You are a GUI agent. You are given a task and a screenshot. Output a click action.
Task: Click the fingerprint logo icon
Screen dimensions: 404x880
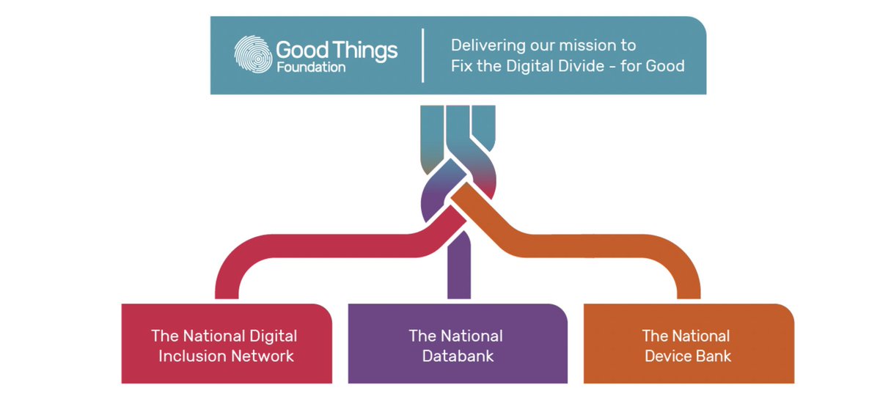[252, 55]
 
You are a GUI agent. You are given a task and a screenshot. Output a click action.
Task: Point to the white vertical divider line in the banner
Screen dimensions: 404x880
[424, 55]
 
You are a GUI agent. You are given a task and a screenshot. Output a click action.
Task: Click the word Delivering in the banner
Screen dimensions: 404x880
[487, 45]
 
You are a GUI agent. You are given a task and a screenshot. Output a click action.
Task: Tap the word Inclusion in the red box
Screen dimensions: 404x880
[186, 356]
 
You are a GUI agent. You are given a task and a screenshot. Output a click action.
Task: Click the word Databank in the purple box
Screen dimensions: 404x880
[456, 356]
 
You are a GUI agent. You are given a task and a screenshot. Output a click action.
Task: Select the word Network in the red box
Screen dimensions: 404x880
[259, 356]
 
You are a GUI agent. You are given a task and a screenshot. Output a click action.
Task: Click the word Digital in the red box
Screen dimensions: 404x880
[271, 337]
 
